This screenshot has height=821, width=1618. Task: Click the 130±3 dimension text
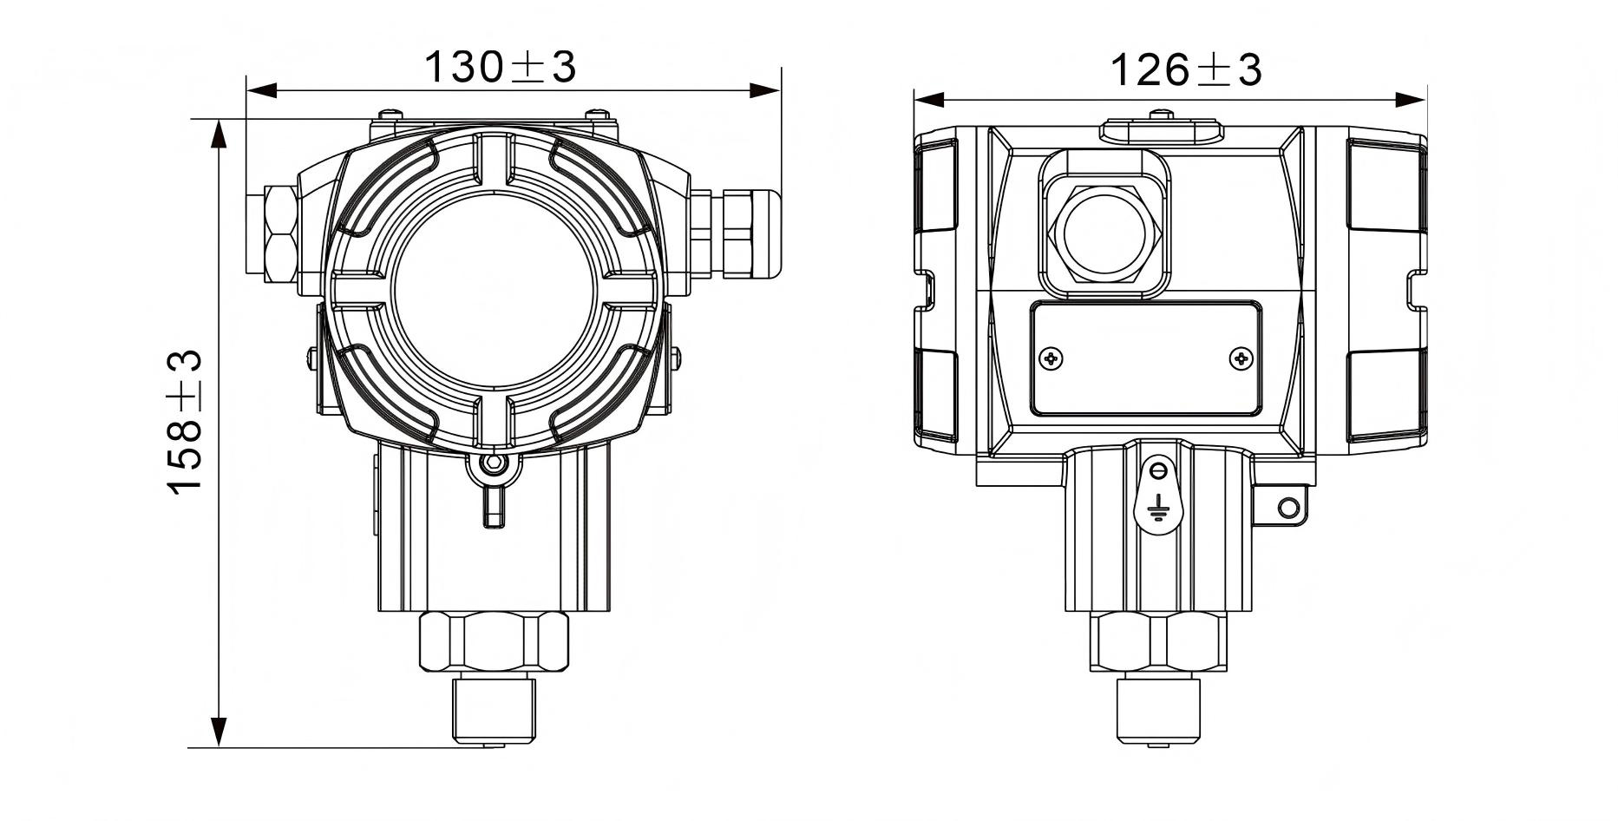pyautogui.click(x=501, y=67)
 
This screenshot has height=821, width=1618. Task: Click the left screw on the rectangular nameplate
pyautogui.click(x=1051, y=358)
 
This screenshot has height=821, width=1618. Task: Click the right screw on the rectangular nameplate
pyautogui.click(x=1241, y=358)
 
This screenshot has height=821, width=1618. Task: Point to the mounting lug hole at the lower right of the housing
pyautogui.click(x=1289, y=506)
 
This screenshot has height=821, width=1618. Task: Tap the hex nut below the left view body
pyautogui.click(x=494, y=641)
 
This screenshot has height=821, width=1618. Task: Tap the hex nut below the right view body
pyautogui.click(x=1158, y=641)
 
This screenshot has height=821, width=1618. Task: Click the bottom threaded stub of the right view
pyautogui.click(x=1157, y=709)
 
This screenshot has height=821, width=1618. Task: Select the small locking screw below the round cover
pyautogui.click(x=494, y=463)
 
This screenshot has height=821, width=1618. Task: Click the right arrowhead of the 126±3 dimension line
pyautogui.click(x=1412, y=100)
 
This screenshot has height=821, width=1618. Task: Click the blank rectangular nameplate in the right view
pyautogui.click(x=1145, y=358)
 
